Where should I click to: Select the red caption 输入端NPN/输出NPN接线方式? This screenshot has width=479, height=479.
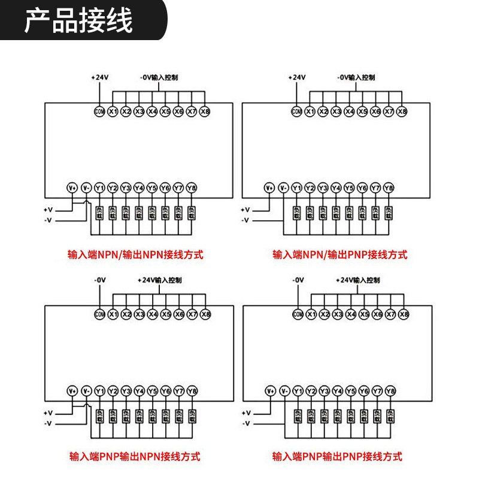click(x=135, y=254)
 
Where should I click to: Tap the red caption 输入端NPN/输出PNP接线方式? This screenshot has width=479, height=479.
click(x=340, y=254)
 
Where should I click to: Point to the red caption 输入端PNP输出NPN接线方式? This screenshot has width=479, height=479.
click(x=135, y=457)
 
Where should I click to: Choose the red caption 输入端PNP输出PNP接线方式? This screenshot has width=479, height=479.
click(x=337, y=457)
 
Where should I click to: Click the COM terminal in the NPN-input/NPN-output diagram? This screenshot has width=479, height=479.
click(x=99, y=111)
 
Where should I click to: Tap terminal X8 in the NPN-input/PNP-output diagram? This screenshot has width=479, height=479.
click(x=401, y=111)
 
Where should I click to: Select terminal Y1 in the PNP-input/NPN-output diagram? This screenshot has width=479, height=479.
click(x=100, y=391)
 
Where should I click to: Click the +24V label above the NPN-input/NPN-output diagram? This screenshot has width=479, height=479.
click(x=99, y=78)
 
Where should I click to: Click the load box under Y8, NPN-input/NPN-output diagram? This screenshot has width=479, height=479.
click(x=192, y=213)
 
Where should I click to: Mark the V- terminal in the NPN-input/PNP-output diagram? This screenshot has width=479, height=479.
click(x=283, y=188)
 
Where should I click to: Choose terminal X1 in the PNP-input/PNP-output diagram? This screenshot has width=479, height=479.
click(x=311, y=314)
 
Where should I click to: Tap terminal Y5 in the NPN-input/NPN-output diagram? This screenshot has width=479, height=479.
click(x=152, y=188)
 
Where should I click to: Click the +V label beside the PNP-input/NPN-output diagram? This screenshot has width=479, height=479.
click(x=48, y=413)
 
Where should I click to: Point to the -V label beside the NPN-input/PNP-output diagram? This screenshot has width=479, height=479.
click(x=245, y=220)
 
